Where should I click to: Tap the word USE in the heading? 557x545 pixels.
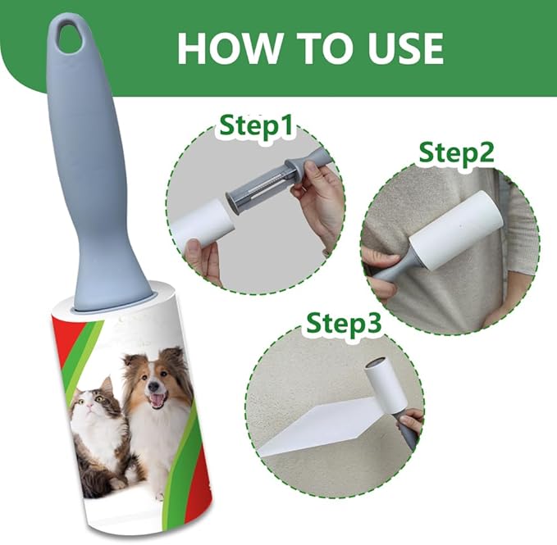click(x=406, y=48)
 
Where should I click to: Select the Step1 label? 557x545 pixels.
click(x=256, y=125)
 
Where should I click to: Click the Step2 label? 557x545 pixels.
click(x=456, y=152)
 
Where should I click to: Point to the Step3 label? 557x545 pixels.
click(x=344, y=323)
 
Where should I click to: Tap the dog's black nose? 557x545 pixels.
click(x=153, y=385)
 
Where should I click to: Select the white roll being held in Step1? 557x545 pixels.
click(x=203, y=225)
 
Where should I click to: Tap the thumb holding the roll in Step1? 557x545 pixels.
click(x=194, y=248)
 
